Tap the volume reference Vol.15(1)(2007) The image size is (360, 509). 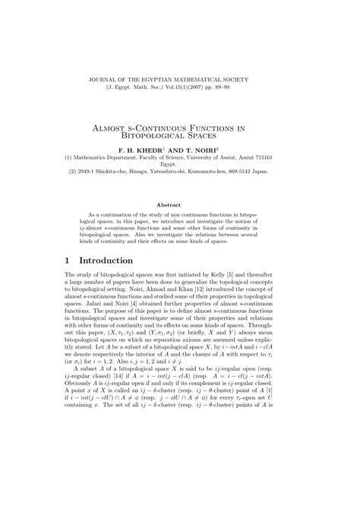pos(198,88)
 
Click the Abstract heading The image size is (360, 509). pos(180,205)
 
